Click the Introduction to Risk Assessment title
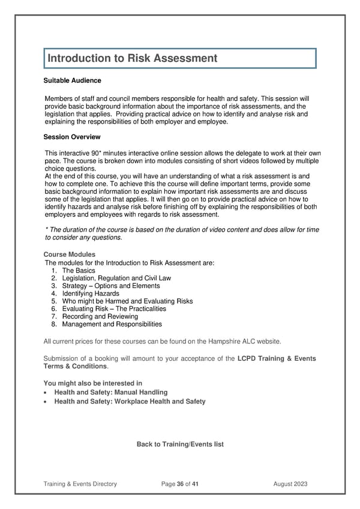(132, 58)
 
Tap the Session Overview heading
(72, 137)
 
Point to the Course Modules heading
(70, 254)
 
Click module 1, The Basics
(78, 271)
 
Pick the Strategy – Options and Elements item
(110, 286)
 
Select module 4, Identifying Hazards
(90, 294)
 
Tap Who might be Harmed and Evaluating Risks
(127, 301)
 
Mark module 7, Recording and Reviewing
(100, 316)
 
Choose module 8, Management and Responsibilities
(112, 324)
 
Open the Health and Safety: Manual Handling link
(111, 393)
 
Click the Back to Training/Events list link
(180, 444)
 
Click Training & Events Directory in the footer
(80, 484)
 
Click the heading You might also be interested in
(93, 384)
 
